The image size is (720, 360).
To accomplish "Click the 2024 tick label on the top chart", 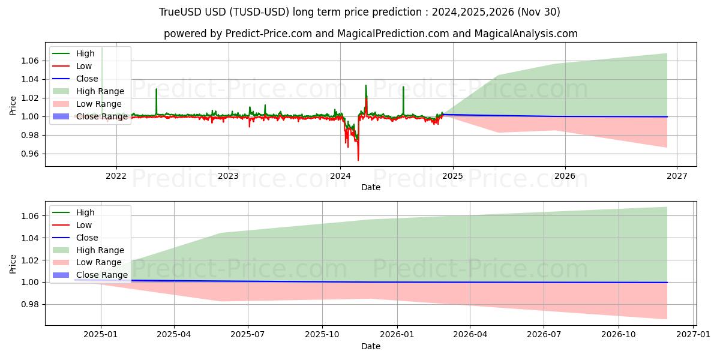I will click(340, 176).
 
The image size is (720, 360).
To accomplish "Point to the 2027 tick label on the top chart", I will click(677, 176).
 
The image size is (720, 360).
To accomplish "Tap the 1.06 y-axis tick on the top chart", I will click(30, 61).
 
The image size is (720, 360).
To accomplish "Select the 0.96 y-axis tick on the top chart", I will click(30, 154).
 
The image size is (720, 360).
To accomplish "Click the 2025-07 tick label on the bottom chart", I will click(248, 334).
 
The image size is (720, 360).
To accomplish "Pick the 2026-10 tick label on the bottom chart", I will click(619, 334).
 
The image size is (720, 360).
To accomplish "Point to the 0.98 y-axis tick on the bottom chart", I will click(30, 304).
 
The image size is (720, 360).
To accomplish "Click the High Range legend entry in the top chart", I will click(100, 91).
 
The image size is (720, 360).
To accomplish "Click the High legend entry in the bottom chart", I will click(85, 212).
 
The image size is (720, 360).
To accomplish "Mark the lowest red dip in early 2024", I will click(358, 160).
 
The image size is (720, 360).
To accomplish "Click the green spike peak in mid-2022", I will click(157, 89).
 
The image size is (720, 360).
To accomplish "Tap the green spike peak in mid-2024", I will click(403, 87).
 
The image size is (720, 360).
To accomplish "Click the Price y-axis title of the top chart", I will click(13, 106).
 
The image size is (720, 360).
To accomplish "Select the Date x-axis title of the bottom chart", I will click(370, 346).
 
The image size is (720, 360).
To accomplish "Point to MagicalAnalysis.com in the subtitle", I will click(526, 34).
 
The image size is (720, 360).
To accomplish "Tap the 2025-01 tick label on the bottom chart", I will click(100, 334).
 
